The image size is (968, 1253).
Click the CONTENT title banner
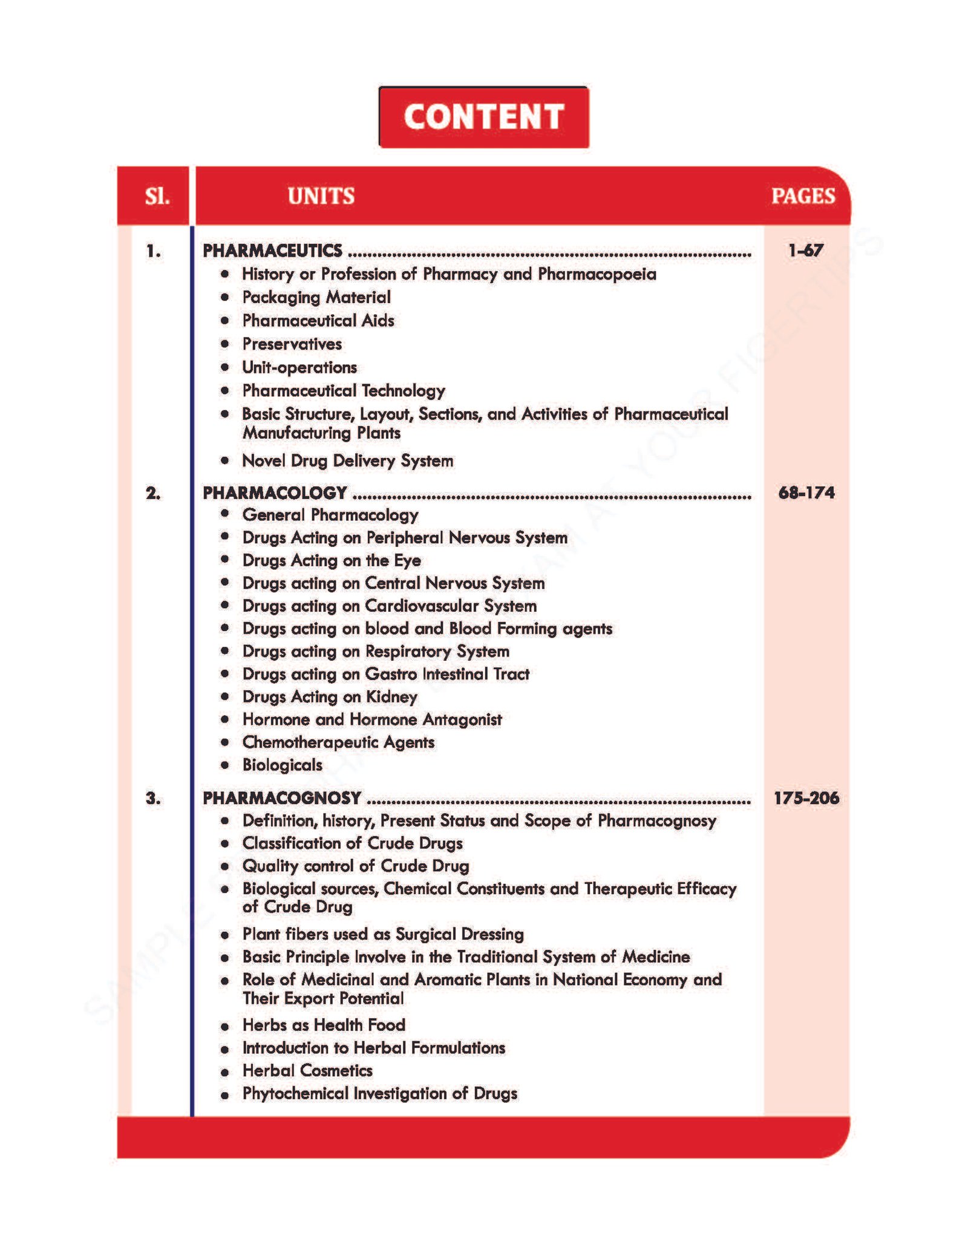483,117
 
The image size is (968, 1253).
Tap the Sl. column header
157,196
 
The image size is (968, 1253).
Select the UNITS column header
321,196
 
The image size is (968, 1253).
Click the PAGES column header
803,196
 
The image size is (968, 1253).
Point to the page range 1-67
805,250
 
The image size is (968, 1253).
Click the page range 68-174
806,492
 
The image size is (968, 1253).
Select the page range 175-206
806,797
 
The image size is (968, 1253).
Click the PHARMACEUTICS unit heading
272,250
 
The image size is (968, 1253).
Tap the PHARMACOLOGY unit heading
275,493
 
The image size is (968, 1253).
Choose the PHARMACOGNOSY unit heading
282,798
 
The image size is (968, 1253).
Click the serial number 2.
153,493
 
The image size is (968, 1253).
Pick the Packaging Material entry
316,297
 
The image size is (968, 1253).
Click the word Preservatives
292,344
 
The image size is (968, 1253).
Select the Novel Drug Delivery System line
347,460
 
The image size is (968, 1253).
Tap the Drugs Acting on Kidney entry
330,696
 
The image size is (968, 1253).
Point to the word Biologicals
283,765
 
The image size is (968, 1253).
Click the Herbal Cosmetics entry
307,1070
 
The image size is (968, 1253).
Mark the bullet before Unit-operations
225,367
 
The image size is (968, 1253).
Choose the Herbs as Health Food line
324,1025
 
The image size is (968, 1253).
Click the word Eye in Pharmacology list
407,561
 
